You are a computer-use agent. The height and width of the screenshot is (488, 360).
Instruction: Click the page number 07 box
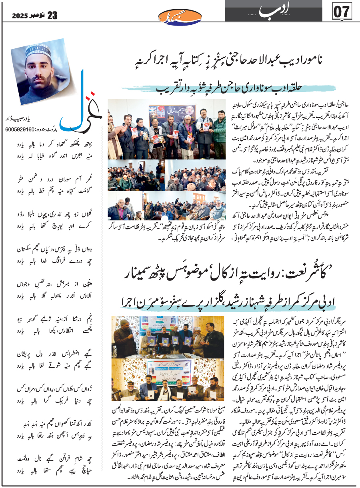342,12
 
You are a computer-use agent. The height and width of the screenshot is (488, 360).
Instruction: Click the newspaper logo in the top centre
180,16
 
